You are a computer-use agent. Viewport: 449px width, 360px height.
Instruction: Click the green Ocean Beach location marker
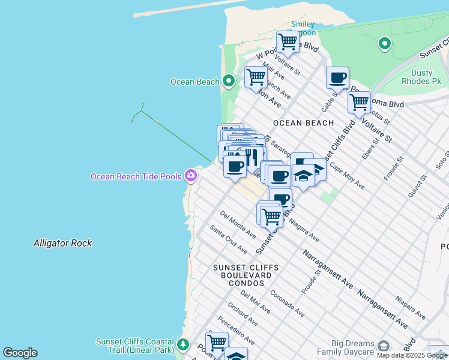228,81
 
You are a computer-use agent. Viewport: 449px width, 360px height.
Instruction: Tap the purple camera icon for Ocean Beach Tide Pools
191,176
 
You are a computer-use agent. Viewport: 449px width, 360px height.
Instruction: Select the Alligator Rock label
62,243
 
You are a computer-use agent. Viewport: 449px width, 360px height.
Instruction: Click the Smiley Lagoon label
303,28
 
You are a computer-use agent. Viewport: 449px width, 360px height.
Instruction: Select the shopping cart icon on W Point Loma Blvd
288,42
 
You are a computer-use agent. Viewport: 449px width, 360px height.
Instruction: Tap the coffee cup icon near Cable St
338,77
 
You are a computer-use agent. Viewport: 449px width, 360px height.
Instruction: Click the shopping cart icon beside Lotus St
359,102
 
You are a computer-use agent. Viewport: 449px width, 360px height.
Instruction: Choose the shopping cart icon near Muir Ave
256,77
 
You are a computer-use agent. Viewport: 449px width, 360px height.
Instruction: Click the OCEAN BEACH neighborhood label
303,123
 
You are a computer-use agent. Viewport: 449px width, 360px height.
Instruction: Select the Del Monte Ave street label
238,223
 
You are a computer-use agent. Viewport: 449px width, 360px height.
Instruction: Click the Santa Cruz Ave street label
229,239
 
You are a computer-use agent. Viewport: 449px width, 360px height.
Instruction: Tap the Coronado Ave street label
288,304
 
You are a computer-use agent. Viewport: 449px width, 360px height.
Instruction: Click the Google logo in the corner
20,353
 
